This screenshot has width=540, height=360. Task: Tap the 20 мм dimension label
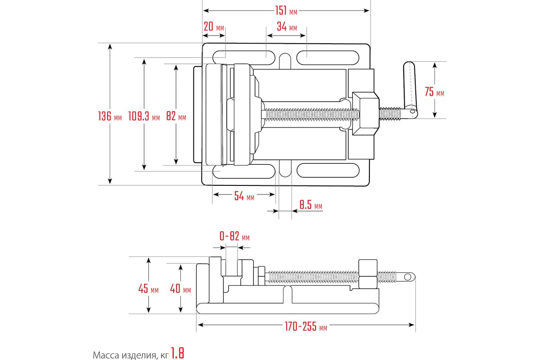(214, 27)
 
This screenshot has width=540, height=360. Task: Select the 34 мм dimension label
(287, 27)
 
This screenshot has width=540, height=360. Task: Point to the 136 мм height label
(110, 117)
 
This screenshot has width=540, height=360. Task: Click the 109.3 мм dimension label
(144, 117)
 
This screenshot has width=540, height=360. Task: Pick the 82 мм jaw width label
(176, 117)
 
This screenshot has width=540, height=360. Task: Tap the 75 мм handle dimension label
(434, 92)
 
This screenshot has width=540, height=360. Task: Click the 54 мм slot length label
(244, 196)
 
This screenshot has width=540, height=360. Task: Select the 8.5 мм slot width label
(311, 206)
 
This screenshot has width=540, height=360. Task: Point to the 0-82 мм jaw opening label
(234, 237)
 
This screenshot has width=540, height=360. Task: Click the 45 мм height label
(148, 289)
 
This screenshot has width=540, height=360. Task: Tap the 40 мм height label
(180, 289)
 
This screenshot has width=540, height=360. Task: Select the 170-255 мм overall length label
(306, 328)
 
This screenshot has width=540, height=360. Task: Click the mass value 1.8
(178, 354)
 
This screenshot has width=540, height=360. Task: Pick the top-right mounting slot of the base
(328, 58)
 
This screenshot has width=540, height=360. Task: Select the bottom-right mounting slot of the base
(328, 170)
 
